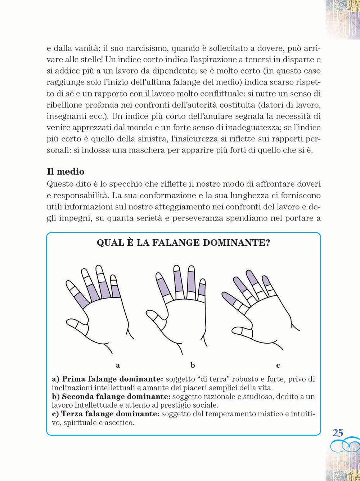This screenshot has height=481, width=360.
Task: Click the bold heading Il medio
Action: click(66, 171)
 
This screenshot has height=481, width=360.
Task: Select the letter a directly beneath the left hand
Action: click(118, 366)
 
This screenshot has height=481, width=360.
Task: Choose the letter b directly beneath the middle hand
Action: click(193, 366)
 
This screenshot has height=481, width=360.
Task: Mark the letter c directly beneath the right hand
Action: click(278, 366)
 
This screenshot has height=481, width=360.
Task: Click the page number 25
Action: click(338, 433)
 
